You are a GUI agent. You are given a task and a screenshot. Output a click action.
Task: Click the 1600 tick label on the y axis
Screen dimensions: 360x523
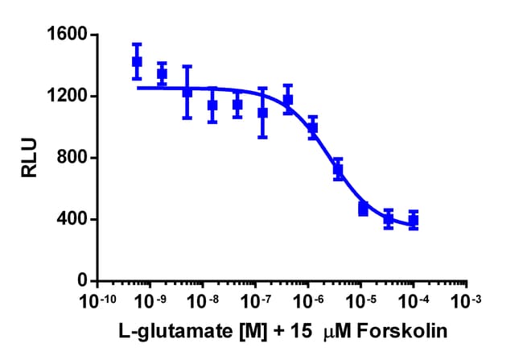click(x=65, y=35)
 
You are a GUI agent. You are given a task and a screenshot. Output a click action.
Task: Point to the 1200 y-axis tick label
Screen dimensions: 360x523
click(x=65, y=97)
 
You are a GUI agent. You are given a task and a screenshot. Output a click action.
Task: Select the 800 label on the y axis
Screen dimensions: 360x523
click(x=70, y=158)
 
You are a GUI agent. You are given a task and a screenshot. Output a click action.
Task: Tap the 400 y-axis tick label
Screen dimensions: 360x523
click(x=70, y=219)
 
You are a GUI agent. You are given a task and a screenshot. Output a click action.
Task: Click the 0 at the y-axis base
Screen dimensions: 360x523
click(x=82, y=280)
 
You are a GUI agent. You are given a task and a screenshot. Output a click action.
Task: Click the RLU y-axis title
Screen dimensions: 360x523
click(x=29, y=158)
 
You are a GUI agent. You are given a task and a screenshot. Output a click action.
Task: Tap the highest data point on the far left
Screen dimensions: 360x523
click(x=137, y=61)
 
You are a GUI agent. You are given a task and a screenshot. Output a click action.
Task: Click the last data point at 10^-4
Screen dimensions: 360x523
click(x=414, y=220)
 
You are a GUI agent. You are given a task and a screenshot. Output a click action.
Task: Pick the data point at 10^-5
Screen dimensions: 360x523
click(x=363, y=209)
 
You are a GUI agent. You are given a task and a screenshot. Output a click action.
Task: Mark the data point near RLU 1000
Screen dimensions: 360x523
click(x=313, y=127)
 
